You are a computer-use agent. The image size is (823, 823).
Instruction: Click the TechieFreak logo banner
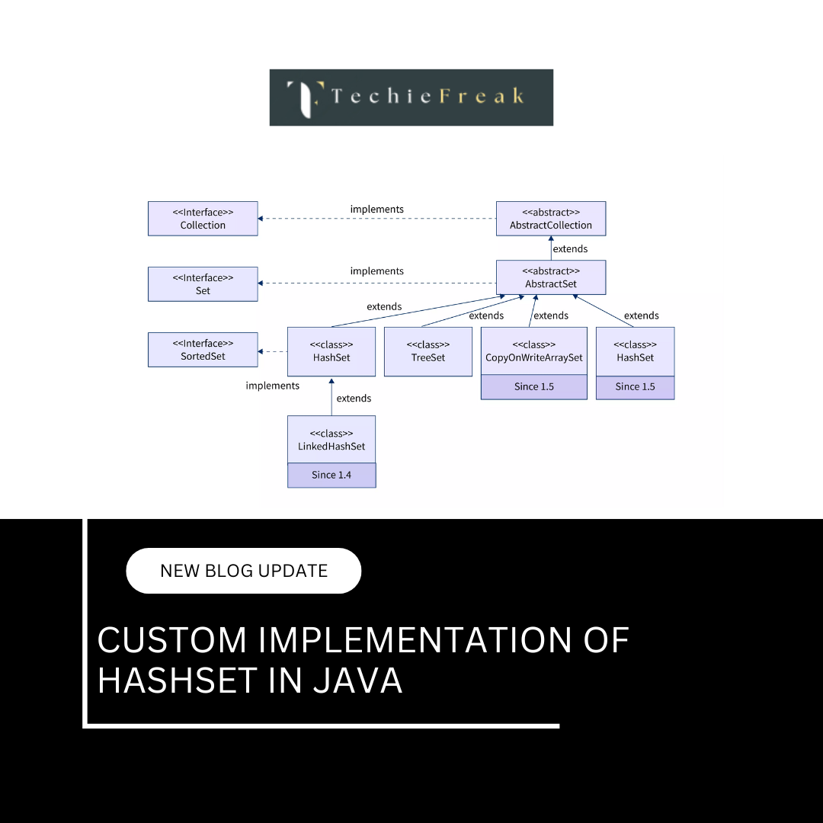pyautogui.click(x=411, y=98)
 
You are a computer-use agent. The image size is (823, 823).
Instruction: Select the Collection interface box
pyautogui.click(x=203, y=219)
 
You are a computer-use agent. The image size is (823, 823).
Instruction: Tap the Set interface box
pyautogui.click(x=203, y=284)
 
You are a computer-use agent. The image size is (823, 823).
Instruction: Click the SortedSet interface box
pyautogui.click(x=203, y=350)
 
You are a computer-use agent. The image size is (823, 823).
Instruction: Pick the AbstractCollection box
pyautogui.click(x=550, y=219)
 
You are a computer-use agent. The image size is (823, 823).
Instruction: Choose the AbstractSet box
pyautogui.click(x=550, y=277)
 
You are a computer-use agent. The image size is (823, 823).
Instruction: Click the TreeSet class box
pyautogui.click(x=428, y=351)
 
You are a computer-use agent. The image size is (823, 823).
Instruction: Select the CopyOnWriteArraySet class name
pyautogui.click(x=533, y=357)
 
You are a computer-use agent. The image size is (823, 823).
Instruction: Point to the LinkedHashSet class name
pyautogui.click(x=331, y=446)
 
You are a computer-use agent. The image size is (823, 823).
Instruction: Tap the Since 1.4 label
pyautogui.click(x=331, y=475)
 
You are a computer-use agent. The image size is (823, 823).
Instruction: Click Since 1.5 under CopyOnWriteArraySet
pyautogui.click(x=533, y=386)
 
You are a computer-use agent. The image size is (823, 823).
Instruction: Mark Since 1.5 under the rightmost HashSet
pyautogui.click(x=635, y=386)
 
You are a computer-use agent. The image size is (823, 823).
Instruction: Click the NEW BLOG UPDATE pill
pyautogui.click(x=243, y=571)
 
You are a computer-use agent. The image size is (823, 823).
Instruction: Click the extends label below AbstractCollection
pyautogui.click(x=570, y=248)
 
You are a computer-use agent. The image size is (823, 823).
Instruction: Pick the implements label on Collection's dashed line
pyautogui.click(x=376, y=209)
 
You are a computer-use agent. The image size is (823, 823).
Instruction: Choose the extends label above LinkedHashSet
pyautogui.click(x=354, y=398)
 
